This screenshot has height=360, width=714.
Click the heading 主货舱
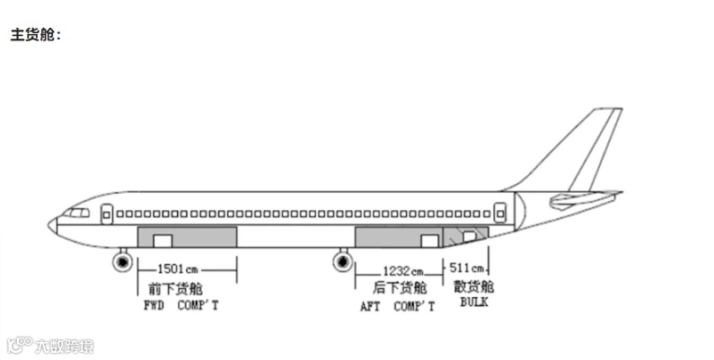coord(34,36)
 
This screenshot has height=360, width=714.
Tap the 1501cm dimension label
coord(177,268)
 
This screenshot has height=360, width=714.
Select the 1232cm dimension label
coord(402,270)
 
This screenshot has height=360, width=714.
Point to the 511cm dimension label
coord(467,268)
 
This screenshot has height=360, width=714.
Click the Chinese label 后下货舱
coord(400,288)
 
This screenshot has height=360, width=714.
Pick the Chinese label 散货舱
coord(473,287)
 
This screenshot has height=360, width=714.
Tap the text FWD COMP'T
coord(181,306)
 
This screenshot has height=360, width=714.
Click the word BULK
coord(473,303)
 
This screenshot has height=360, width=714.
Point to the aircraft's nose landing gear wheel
coord(121,261)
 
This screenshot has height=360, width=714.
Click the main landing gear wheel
coord(342,261)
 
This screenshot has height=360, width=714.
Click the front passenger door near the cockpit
coord(106,214)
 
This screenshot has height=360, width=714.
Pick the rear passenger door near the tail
coord(500,214)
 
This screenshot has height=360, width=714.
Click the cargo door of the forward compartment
coord(162,240)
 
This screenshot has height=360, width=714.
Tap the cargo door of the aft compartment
coord(429,240)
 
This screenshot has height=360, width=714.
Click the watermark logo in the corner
coord(50,346)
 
